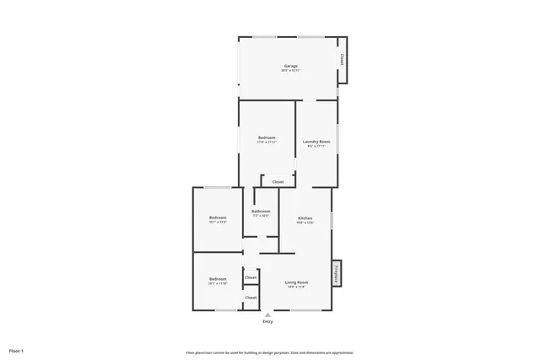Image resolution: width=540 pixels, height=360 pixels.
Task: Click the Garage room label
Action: (x=289, y=66)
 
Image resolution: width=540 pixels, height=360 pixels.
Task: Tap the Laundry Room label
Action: (x=316, y=141)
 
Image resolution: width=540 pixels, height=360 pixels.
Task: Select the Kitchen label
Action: (x=305, y=218)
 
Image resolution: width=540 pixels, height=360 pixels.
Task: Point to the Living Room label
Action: (x=296, y=282)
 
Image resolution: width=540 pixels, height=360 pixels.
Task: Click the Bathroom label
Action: (x=261, y=211)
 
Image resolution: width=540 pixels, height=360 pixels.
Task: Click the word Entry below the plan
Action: (x=267, y=321)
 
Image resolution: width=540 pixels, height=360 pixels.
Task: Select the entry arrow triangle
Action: (x=267, y=314)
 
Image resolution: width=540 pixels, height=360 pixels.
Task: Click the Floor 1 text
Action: (x=17, y=350)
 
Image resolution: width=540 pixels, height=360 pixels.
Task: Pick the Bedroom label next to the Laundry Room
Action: (x=267, y=137)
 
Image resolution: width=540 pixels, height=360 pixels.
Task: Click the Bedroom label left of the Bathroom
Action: (x=218, y=218)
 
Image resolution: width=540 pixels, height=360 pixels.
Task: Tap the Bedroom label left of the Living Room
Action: (x=218, y=278)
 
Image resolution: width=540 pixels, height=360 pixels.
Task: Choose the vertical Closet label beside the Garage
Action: (x=343, y=59)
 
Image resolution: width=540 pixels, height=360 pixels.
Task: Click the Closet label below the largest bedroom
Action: (x=278, y=182)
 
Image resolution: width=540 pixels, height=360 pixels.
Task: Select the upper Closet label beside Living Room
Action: (x=251, y=277)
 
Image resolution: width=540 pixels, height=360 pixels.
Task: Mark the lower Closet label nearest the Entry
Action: (x=251, y=298)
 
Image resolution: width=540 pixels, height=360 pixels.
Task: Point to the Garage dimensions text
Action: (x=289, y=71)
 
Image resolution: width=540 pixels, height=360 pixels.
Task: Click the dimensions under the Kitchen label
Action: (x=305, y=223)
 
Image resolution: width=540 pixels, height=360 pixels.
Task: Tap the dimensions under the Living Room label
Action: (x=296, y=287)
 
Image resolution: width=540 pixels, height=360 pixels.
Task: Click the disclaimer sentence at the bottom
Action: (x=269, y=352)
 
